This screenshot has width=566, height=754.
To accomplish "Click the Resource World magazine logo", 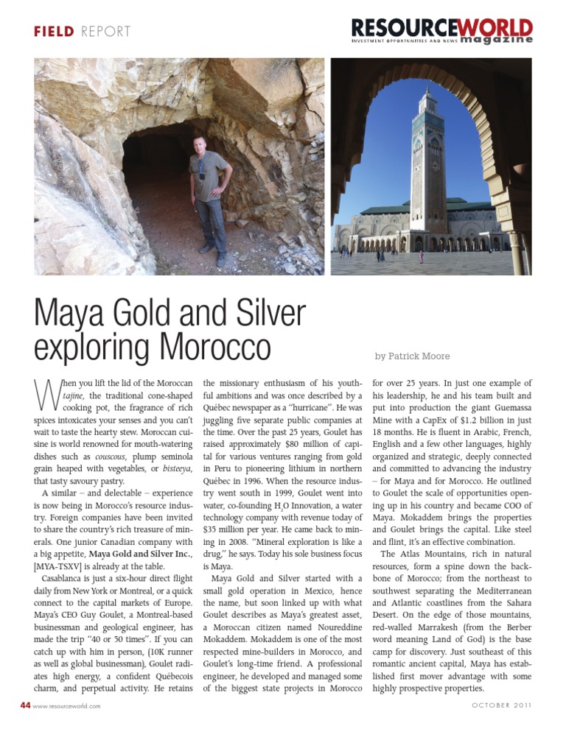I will [x=441, y=31].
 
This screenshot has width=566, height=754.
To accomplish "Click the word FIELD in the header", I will [x=54, y=32].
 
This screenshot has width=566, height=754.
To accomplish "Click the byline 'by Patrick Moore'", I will [x=412, y=356].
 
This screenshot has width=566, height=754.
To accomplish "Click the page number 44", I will [x=25, y=705].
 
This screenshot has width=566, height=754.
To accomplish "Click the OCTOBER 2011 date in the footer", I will [x=501, y=705].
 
